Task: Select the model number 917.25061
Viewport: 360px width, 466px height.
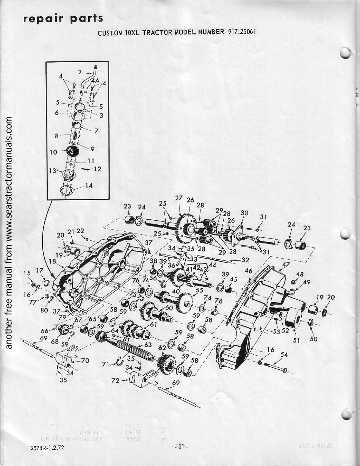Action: click(x=242, y=31)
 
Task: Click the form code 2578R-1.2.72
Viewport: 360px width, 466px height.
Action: click(x=49, y=447)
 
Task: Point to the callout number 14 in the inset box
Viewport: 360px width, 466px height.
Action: click(x=89, y=185)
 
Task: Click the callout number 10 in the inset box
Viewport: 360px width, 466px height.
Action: click(x=53, y=152)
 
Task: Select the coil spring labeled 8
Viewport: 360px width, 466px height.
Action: click(x=75, y=135)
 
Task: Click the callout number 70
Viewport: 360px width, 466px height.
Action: click(x=85, y=361)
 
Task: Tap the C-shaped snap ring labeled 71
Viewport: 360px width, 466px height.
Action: click(x=120, y=361)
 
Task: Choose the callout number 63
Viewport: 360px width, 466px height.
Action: click(x=148, y=344)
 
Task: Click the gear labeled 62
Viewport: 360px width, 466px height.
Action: click(x=166, y=364)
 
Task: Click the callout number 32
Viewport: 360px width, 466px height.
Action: click(x=245, y=260)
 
